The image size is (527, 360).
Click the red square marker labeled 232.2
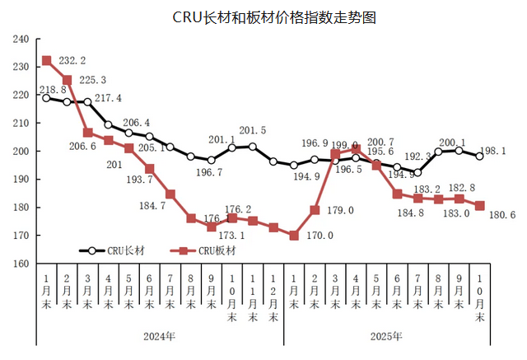(47, 61)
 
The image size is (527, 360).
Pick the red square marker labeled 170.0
(294, 236)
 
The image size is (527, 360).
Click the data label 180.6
(504, 215)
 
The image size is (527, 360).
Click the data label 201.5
(252, 131)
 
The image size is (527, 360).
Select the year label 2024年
(160, 337)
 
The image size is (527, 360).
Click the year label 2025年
(386, 337)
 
